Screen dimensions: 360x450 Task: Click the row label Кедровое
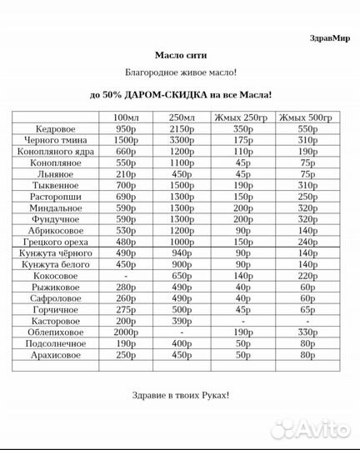click(x=57, y=129)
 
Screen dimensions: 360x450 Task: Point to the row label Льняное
click(x=57, y=175)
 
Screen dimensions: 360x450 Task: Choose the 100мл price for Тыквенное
click(x=125, y=187)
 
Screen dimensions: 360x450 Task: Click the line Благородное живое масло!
click(x=180, y=73)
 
